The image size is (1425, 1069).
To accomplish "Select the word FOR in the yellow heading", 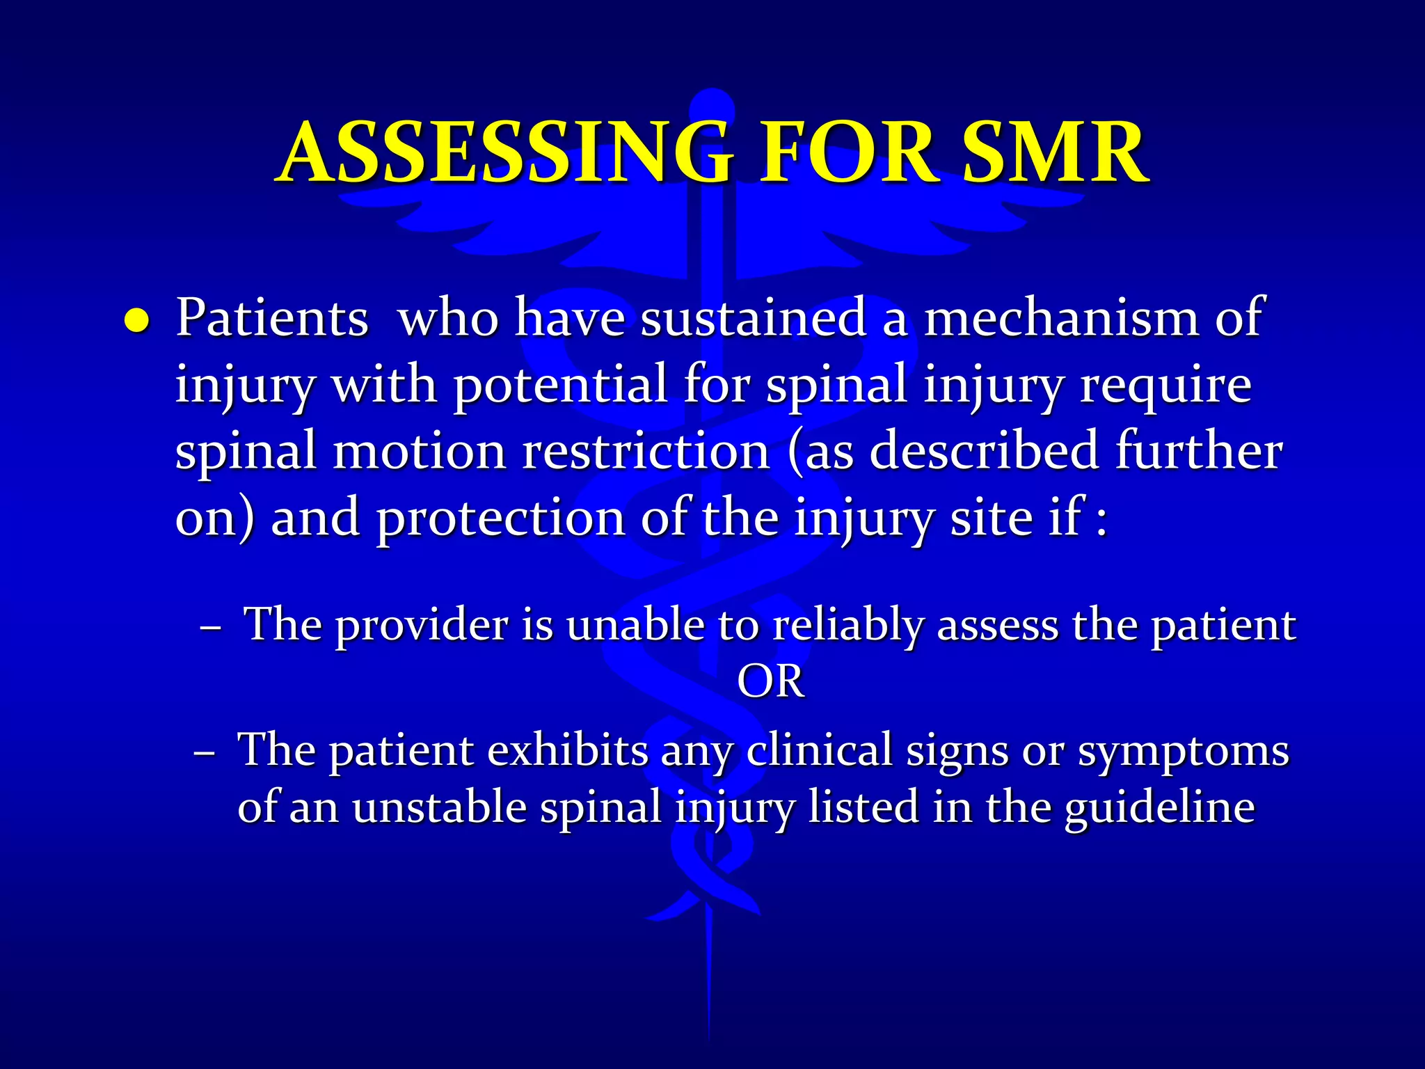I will coord(845,152).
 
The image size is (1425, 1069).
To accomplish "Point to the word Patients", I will coord(271,318).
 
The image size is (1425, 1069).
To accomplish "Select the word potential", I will coord(560,385).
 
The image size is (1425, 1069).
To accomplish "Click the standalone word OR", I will coord(770,681).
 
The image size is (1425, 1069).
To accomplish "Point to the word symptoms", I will coord(1183,752).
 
